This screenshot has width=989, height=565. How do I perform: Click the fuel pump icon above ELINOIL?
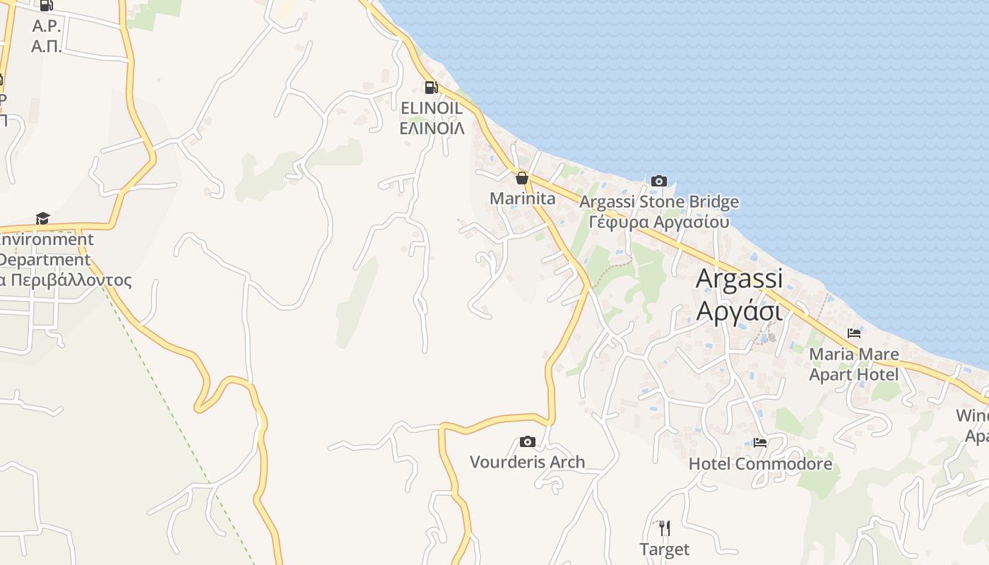click(x=430, y=88)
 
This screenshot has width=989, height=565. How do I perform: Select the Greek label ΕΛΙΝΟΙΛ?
click(x=432, y=128)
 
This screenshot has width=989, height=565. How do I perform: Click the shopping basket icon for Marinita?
click(x=522, y=178)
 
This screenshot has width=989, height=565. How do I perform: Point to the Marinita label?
click(x=523, y=198)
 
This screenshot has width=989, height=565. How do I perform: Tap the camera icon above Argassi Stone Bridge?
click(x=658, y=181)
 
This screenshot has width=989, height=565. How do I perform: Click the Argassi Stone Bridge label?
click(x=659, y=202)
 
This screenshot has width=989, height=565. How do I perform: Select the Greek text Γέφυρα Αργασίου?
click(x=659, y=222)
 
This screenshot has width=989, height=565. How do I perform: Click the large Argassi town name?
click(x=740, y=278)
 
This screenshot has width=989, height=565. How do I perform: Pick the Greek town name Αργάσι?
click(x=739, y=311)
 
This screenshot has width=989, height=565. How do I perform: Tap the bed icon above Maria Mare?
click(x=854, y=333)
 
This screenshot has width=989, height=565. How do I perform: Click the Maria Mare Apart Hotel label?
click(x=854, y=364)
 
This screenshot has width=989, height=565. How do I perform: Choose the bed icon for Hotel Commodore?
click(x=760, y=443)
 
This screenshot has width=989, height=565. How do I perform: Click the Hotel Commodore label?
click(x=760, y=464)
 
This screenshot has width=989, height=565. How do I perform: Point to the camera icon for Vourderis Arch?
click(x=527, y=441)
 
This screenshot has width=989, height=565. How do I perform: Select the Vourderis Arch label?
click(x=528, y=462)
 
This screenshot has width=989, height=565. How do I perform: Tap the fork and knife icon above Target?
click(x=664, y=528)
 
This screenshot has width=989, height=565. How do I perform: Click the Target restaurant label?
click(x=664, y=549)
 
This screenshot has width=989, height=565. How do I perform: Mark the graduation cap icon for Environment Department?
click(x=43, y=218)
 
